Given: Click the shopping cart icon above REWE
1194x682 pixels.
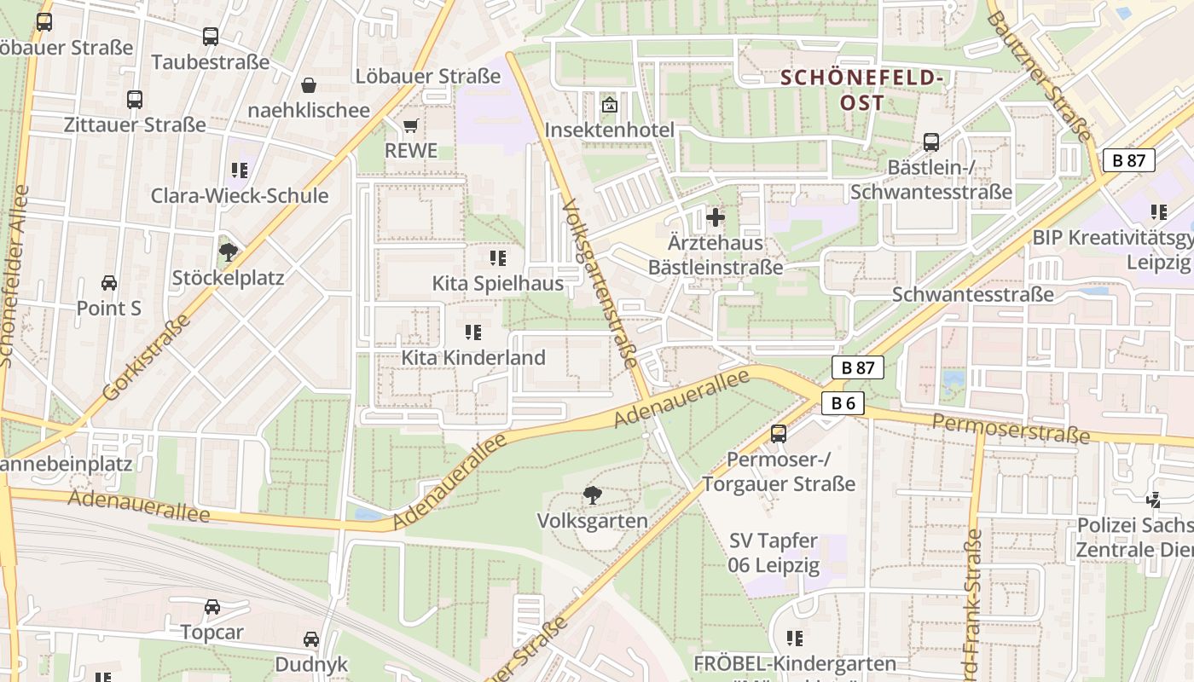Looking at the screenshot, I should pos(410,126).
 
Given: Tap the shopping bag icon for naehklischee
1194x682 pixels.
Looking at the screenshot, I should pos(309,85).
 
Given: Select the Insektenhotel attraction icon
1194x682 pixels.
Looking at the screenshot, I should pos(609,106).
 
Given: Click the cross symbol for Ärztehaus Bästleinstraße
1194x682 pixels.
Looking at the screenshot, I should pos(716,217).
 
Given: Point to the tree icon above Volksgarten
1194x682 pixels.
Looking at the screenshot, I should pos(592,494).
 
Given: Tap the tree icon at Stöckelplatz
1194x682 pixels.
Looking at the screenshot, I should pos(228,251).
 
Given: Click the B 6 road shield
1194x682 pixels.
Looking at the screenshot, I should pos(843,403).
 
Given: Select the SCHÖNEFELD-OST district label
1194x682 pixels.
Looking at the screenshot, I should pos(861,90).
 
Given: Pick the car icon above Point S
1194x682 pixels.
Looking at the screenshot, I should pos(109,283).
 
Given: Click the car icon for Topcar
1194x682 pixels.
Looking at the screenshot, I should pos(212,607).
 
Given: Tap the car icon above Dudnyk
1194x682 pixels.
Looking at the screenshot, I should pos(311,639).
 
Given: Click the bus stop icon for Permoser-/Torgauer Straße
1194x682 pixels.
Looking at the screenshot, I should pos(778,434).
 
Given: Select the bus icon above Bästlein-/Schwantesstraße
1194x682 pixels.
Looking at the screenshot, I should pos(930,142).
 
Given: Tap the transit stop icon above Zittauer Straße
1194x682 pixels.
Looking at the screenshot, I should pos(135,100).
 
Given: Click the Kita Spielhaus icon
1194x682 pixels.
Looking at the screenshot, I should pos(497,257).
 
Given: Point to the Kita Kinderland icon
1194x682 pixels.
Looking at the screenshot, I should pos(472,332).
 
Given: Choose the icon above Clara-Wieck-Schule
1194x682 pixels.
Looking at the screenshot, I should pos(239,170).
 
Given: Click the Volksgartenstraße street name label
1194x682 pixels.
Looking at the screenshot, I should pos(600,284).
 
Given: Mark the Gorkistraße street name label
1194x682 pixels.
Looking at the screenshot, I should pos(146,358).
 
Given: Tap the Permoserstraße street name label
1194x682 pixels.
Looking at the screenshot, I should pos(1011,429).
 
